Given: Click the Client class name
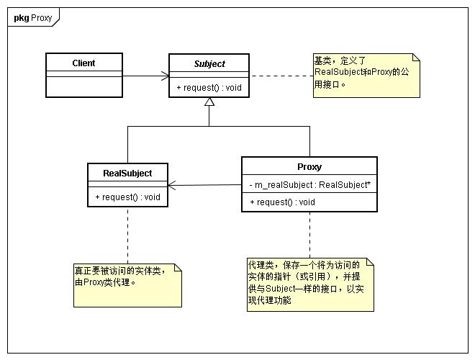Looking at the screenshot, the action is pos(83,63).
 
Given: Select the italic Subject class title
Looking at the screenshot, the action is pos(209,64).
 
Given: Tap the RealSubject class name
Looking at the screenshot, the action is pos(127,174).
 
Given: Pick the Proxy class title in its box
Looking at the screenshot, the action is pos(309,167).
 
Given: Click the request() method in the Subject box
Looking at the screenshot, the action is pos(209,88).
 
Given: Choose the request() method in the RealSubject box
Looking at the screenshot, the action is pos(127,197).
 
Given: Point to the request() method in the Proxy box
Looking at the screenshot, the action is pos(282,202).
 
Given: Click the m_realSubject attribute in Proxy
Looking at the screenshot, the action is pos(309,185).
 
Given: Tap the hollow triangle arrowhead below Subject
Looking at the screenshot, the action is pos(209,102).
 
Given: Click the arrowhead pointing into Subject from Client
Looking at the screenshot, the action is pos(165,76).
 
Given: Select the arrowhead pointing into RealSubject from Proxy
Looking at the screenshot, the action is pos(172,186).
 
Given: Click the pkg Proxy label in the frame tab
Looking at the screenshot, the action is pos(32,18).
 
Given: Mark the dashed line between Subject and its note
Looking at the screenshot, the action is pos(281,76).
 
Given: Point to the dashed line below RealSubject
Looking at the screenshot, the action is pos(128,235).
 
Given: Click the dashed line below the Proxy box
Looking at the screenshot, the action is pos(309,235).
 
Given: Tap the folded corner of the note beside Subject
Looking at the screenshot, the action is pos(416,58).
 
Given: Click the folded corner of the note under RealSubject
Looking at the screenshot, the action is pos(178,267).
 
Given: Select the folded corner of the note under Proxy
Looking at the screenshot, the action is pos(370,262).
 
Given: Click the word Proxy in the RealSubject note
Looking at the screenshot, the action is pos(94,282).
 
